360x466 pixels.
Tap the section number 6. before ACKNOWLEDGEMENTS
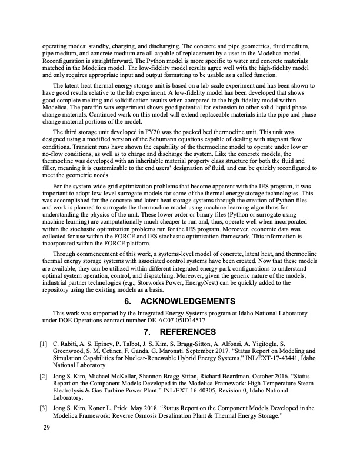pos(129,301)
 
